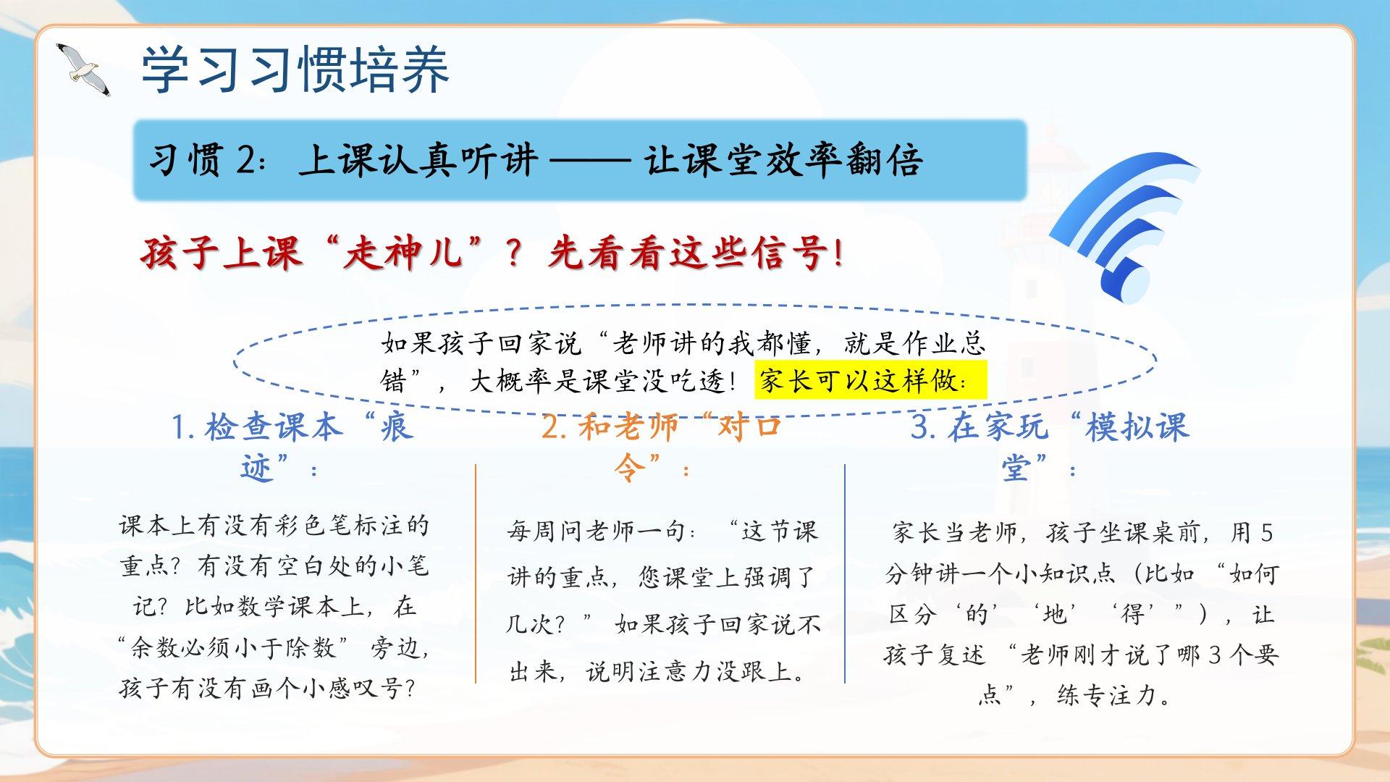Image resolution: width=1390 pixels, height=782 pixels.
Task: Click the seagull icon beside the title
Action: tap(83, 70)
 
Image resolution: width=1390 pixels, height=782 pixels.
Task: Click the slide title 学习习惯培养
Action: tap(295, 70)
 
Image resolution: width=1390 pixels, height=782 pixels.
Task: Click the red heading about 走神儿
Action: tap(492, 253)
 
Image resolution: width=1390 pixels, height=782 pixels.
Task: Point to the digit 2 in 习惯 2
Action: tap(246, 160)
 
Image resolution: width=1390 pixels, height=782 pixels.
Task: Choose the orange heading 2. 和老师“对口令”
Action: tap(662, 447)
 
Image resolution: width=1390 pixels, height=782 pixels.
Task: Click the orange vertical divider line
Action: tap(476, 573)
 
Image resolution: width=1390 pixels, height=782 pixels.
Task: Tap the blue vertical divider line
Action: tap(845, 573)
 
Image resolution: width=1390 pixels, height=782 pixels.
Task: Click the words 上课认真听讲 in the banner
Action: tap(419, 160)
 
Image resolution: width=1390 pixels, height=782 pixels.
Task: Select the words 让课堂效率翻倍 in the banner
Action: tap(784, 160)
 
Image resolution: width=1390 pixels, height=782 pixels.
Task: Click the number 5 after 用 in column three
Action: tap(1266, 533)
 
